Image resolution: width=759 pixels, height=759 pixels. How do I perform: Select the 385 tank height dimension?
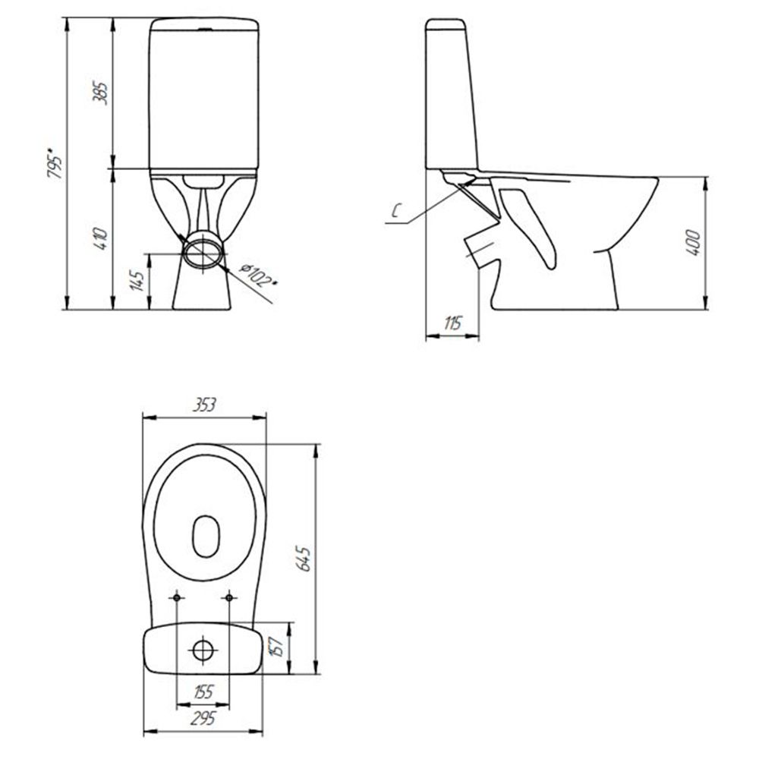[x=101, y=93]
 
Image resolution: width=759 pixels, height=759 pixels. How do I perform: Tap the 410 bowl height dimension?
[x=101, y=238]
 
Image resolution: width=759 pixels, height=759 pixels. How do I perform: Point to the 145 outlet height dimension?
[x=137, y=280]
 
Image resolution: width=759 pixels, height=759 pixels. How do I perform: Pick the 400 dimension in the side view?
[x=694, y=243]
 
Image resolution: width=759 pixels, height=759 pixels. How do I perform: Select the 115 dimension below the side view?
[x=452, y=323]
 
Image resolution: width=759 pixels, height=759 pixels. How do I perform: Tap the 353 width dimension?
[x=203, y=405]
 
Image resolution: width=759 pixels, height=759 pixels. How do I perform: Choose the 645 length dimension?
[x=304, y=559]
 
